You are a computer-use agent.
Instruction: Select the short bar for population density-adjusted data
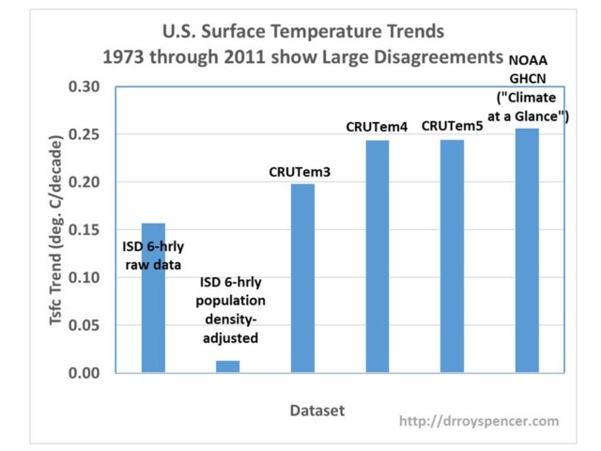click(x=227, y=366)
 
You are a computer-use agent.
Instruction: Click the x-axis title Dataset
click(x=317, y=411)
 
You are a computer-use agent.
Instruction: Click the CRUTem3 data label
click(x=302, y=172)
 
